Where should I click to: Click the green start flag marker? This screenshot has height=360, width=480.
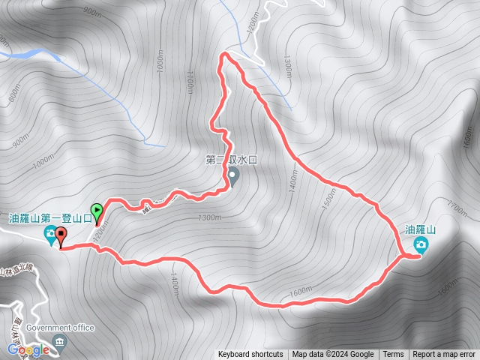(x=97, y=211)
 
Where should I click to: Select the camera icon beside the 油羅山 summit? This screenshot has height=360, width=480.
(x=421, y=244)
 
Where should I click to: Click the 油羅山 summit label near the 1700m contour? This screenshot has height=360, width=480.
(x=420, y=229)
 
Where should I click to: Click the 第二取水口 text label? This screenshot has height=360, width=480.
(x=230, y=159)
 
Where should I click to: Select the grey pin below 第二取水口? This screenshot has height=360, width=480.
(x=233, y=177)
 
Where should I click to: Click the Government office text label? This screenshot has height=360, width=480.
(x=59, y=328)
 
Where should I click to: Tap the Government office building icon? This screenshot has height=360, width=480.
(x=61, y=342)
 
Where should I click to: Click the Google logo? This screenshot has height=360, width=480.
(x=28, y=349)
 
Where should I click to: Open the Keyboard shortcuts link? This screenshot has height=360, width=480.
(x=250, y=355)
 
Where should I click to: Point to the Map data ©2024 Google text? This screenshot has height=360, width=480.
(x=333, y=355)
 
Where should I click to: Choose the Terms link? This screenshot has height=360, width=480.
(x=393, y=355)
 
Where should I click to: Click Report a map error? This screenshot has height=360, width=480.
(x=445, y=355)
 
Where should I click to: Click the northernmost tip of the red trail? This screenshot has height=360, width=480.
(x=225, y=54)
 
